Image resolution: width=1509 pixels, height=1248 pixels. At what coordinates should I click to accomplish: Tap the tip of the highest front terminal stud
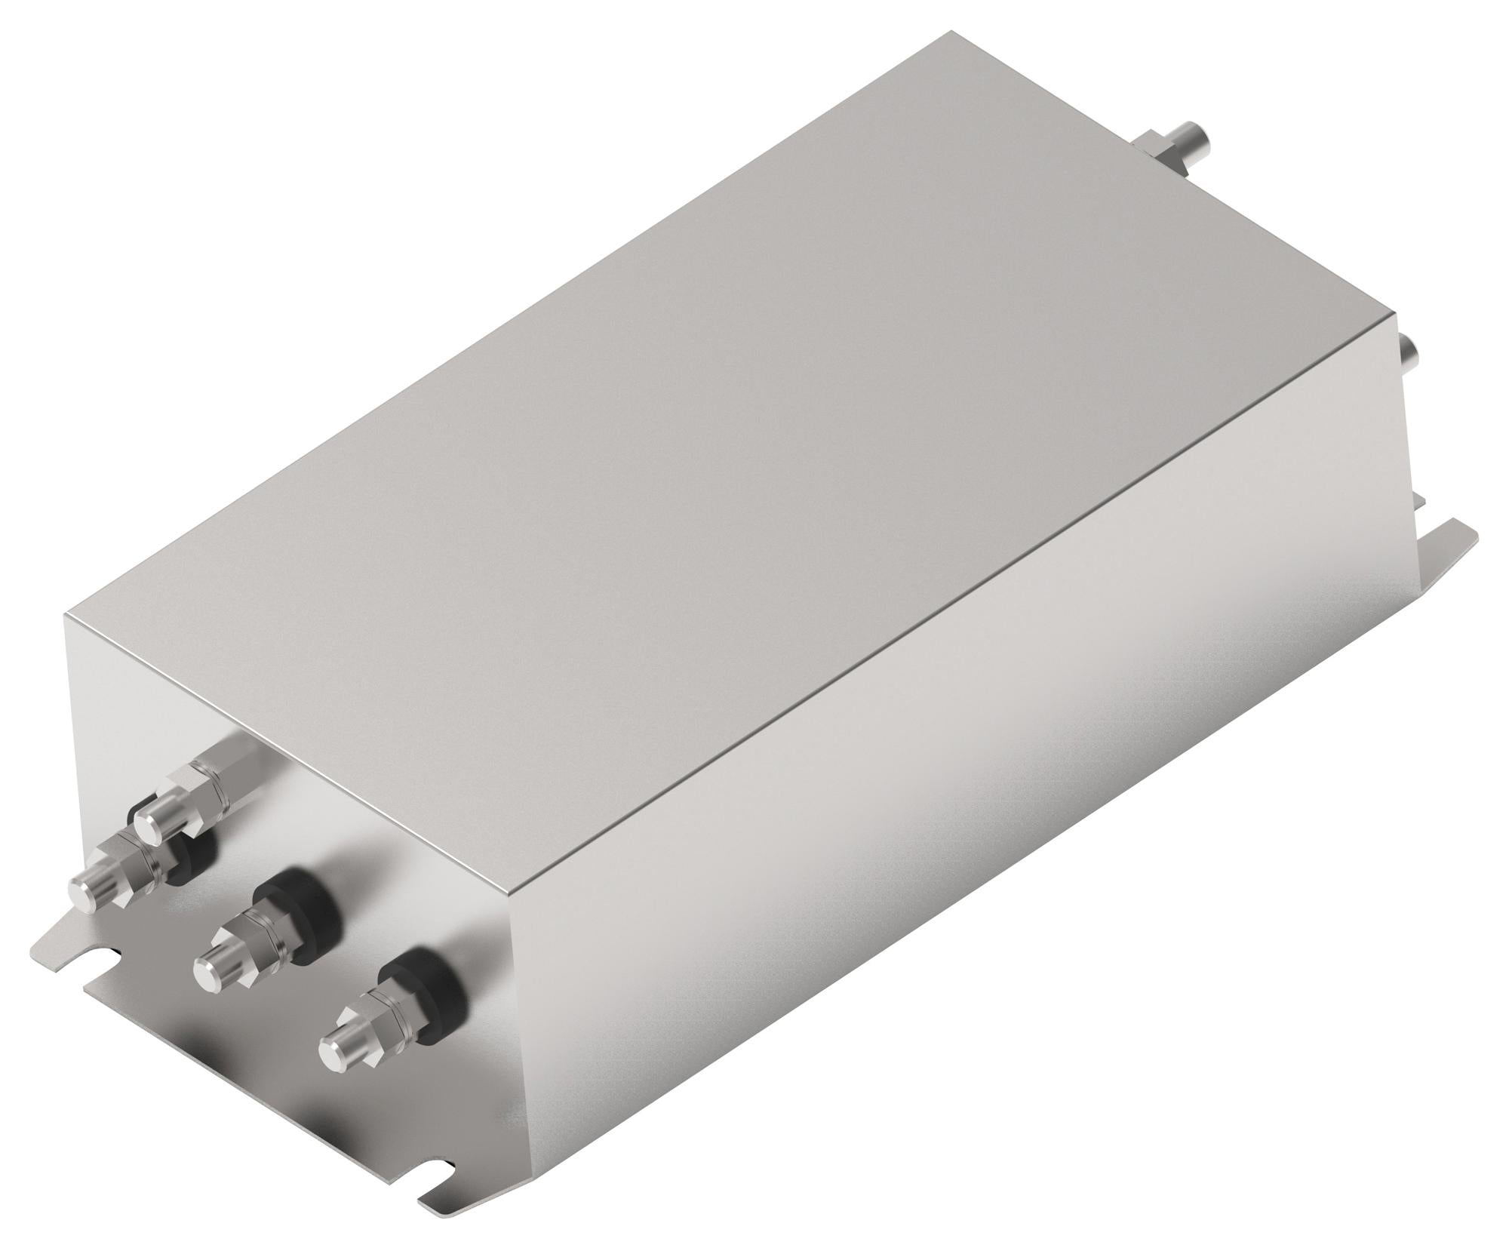tap(160, 812)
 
